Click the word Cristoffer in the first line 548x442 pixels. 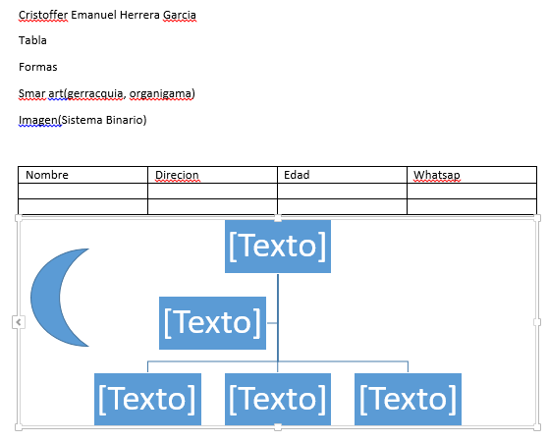[43, 15]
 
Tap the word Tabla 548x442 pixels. [32, 40]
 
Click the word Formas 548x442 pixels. [38, 67]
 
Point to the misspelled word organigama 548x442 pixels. [161, 93]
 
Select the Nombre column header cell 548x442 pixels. [82, 175]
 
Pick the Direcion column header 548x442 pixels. [212, 175]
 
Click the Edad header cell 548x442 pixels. [342, 175]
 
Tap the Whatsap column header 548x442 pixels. [471, 175]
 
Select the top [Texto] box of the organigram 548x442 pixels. [278, 247]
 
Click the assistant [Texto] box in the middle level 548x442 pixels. [212, 323]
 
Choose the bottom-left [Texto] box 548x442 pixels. [148, 399]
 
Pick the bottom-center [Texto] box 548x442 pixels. [278, 399]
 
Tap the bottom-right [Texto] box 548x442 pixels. [408, 399]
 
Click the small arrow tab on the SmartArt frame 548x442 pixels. [19, 322]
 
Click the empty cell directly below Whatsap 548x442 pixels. [471, 191]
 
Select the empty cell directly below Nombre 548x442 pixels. [82, 191]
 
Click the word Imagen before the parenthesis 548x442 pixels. [38, 120]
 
